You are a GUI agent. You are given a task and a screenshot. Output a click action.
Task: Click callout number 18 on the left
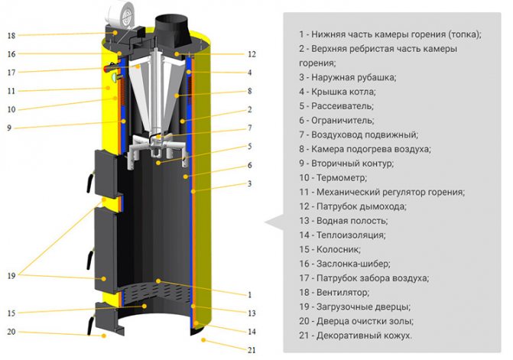[x=11, y=36]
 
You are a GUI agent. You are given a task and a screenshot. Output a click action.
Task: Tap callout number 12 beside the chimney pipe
[x=252, y=54]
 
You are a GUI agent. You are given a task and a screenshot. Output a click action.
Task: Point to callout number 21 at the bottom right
[x=252, y=350]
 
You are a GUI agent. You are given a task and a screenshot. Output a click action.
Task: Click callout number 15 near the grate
[x=11, y=312]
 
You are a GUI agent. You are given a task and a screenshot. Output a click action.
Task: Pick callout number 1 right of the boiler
[x=250, y=294]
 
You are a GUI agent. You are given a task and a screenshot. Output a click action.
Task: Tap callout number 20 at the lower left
[x=11, y=332]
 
